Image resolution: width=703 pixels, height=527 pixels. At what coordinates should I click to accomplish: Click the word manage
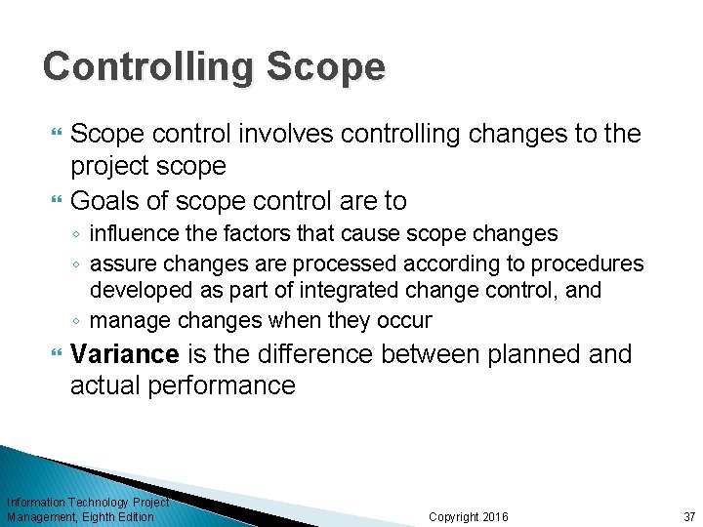(x=127, y=320)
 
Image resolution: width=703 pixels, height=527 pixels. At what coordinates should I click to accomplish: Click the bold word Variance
(x=124, y=354)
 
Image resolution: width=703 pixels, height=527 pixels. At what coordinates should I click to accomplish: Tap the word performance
(x=222, y=385)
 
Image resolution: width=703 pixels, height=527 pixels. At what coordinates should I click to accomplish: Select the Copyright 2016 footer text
(x=469, y=516)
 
